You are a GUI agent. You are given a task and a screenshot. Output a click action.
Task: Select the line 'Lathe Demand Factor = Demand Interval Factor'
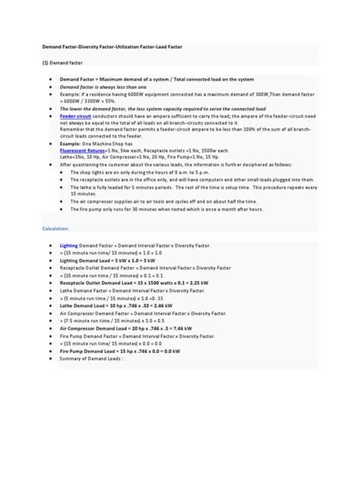coord(129,289)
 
